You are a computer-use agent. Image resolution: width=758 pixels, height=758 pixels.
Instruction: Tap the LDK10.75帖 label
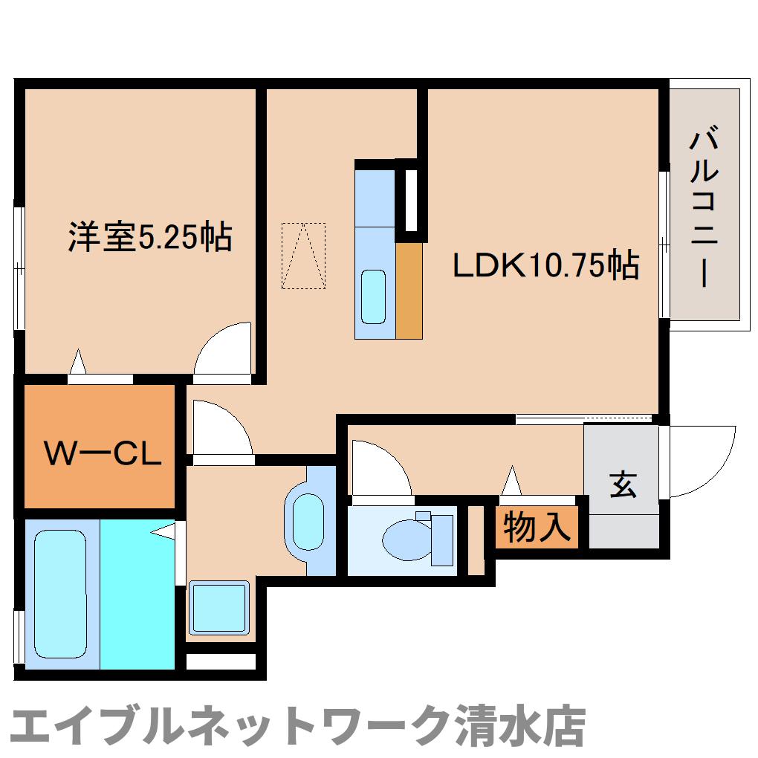(546, 265)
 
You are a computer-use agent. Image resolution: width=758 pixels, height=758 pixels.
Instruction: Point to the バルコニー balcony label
(704, 208)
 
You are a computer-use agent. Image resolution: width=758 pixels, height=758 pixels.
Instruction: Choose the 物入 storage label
(537, 528)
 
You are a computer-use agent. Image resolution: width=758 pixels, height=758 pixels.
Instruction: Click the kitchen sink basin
(373, 296)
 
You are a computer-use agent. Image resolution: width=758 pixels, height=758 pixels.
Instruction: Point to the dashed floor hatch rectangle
(303, 256)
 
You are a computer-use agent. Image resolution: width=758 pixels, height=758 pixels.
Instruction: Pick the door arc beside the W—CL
(219, 429)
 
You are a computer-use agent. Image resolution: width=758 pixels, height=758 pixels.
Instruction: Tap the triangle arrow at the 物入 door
(511, 481)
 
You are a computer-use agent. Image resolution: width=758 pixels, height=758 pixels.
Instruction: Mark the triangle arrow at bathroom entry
(165, 531)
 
